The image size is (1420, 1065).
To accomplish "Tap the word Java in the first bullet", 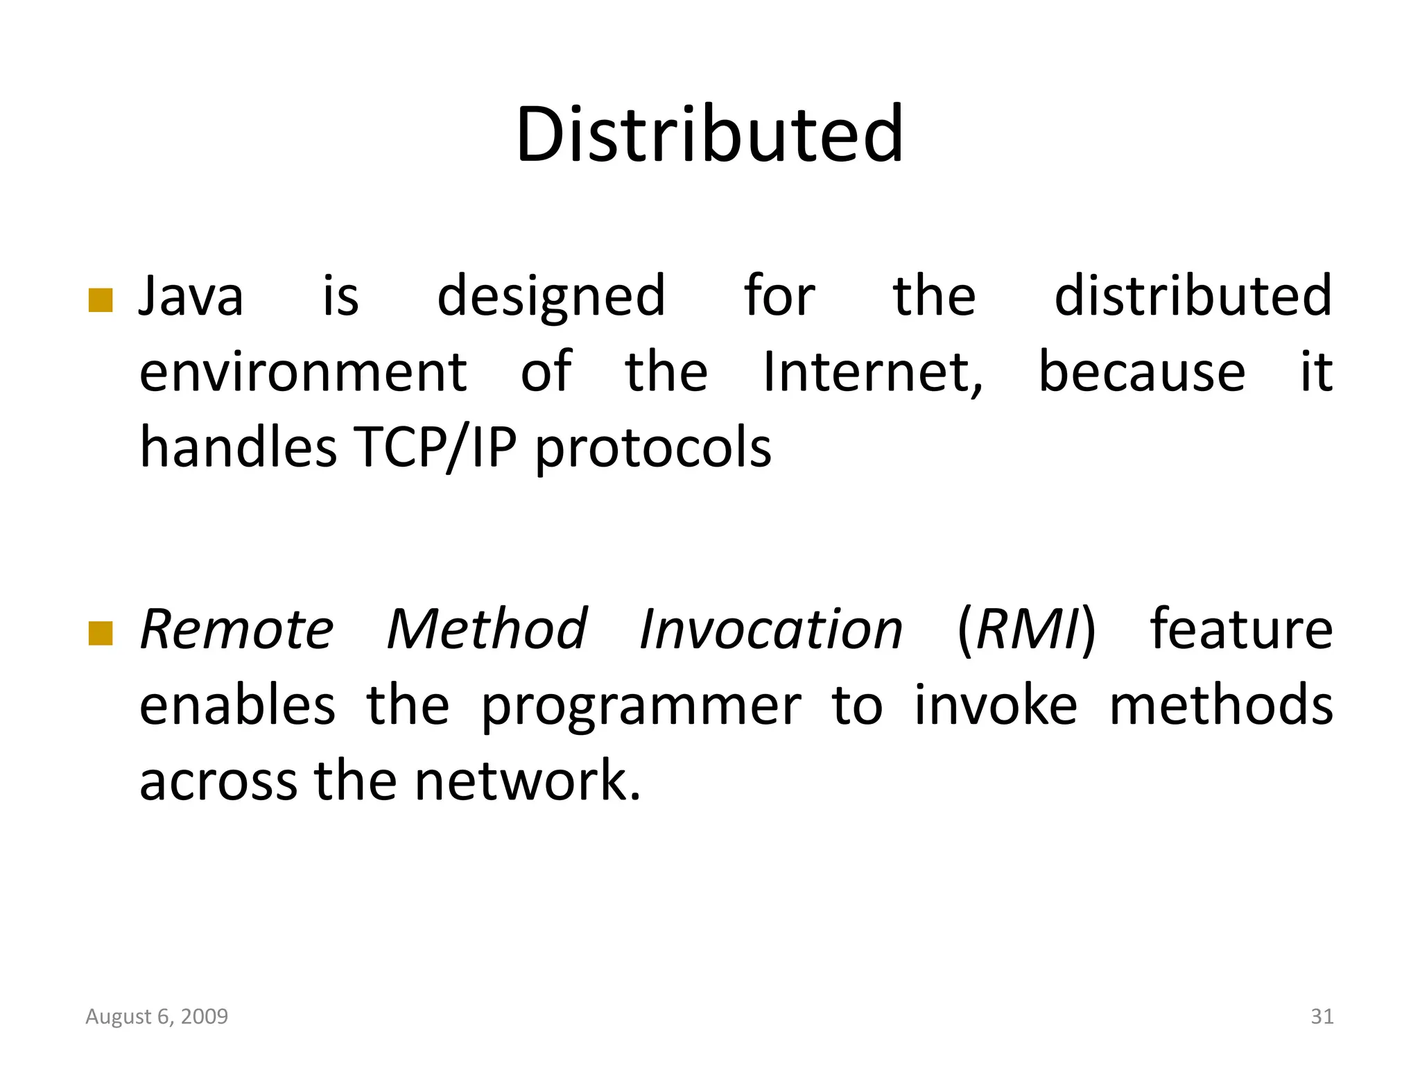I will pyautogui.click(x=191, y=297).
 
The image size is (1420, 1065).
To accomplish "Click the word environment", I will pyautogui.click(x=304, y=372).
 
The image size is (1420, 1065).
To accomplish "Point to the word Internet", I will pyautogui.click(x=872, y=372).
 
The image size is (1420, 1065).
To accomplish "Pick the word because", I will pyautogui.click(x=1142, y=372).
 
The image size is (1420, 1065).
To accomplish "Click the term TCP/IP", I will pyautogui.click(x=435, y=447).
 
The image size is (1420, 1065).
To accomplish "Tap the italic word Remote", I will pyautogui.click(x=237, y=630).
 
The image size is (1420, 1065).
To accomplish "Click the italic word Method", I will pyautogui.click(x=487, y=630).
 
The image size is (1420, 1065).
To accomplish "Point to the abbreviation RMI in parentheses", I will pyautogui.click(x=1027, y=630).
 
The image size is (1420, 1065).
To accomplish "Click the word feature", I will pyautogui.click(x=1241, y=630).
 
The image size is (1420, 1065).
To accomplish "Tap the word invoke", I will pyautogui.click(x=996, y=706).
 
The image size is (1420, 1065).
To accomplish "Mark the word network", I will pyautogui.click(x=528, y=781).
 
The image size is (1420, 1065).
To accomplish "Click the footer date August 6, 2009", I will pyautogui.click(x=157, y=1016).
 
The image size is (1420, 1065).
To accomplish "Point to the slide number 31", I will pyautogui.click(x=1322, y=1016).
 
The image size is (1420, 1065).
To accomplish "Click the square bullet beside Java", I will pyautogui.click(x=101, y=301).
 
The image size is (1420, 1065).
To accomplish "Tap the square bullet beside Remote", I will pyautogui.click(x=101, y=633).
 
